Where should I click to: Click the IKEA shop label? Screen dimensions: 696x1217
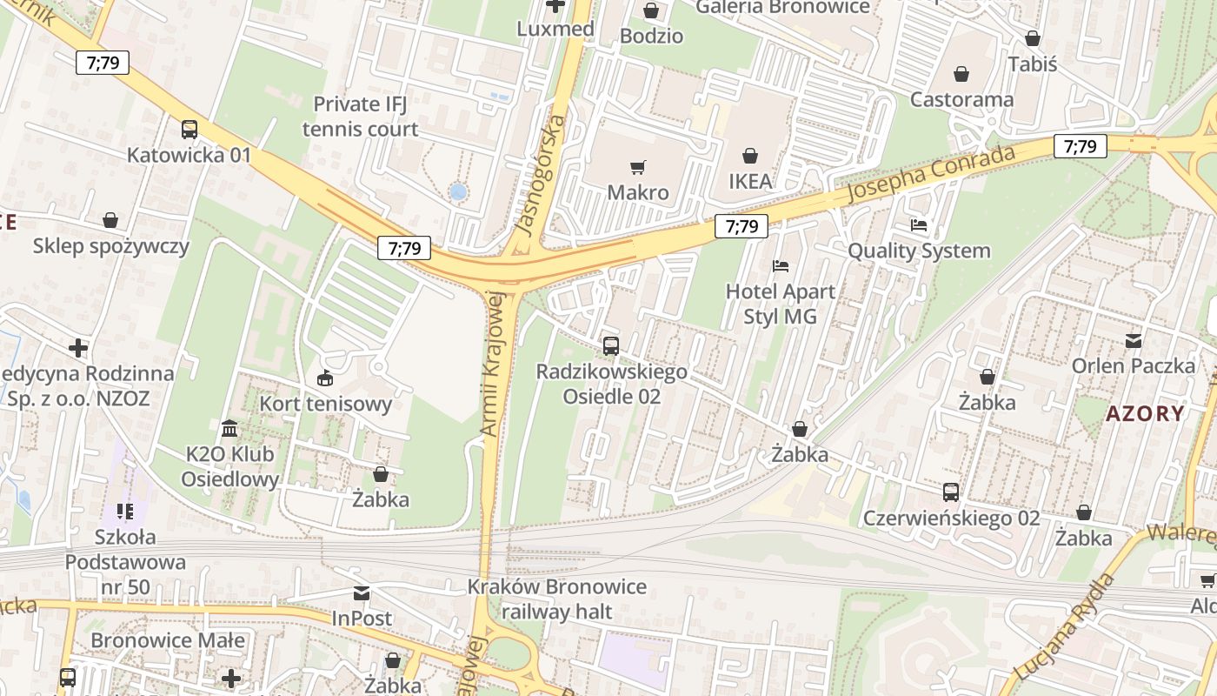pyautogui.click(x=749, y=181)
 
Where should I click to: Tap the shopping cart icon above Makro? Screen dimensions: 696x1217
pyautogui.click(x=638, y=167)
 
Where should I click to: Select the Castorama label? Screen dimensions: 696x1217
pyautogui.click(x=961, y=99)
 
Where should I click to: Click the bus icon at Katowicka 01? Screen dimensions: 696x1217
pyautogui.click(x=189, y=130)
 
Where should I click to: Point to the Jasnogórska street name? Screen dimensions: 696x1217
pyautogui.click(x=542, y=174)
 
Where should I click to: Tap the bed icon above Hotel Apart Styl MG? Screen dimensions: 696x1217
pyautogui.click(x=781, y=265)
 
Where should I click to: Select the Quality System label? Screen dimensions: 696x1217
pyautogui.click(x=919, y=251)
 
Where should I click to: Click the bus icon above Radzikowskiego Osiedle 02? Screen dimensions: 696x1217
pyautogui.click(x=610, y=345)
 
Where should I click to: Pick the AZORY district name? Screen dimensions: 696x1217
pyautogui.click(x=1145, y=413)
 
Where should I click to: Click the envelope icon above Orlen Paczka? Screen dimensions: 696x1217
pyautogui.click(x=1134, y=340)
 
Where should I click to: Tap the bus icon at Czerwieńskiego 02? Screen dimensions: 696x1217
pyautogui.click(x=951, y=492)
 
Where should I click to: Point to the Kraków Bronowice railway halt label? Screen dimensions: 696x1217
pyautogui.click(x=556, y=599)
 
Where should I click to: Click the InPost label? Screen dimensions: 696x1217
pyautogui.click(x=362, y=619)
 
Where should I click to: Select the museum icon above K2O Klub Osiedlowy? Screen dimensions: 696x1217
pyautogui.click(x=229, y=428)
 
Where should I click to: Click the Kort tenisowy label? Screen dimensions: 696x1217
pyautogui.click(x=326, y=404)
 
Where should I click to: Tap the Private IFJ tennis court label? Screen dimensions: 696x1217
pyautogui.click(x=360, y=117)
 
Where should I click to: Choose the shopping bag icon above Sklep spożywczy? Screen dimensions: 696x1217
pyautogui.click(x=110, y=220)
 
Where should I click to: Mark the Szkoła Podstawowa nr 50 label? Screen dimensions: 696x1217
pyautogui.click(x=125, y=561)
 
